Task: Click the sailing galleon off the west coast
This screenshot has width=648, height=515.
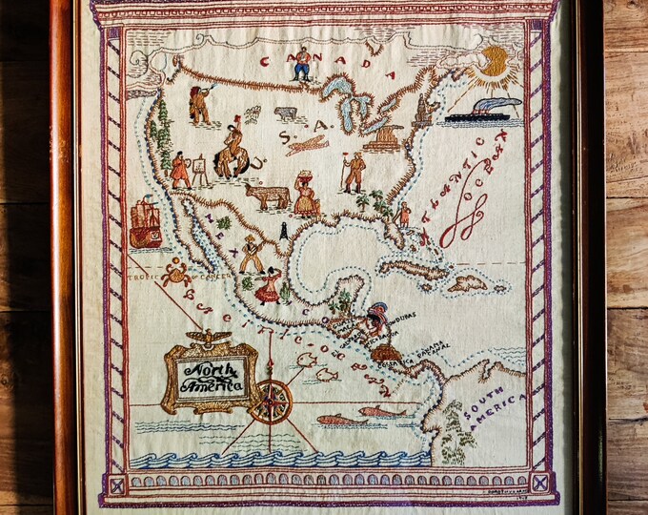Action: [144, 221]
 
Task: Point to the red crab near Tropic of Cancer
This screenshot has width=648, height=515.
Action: [175, 275]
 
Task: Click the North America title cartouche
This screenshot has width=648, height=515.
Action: [211, 376]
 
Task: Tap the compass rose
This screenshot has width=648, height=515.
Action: [273, 402]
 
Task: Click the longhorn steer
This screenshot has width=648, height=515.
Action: [267, 196]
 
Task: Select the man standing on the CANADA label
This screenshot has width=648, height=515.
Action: [303, 63]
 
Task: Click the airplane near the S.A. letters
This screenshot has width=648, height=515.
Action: [307, 145]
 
